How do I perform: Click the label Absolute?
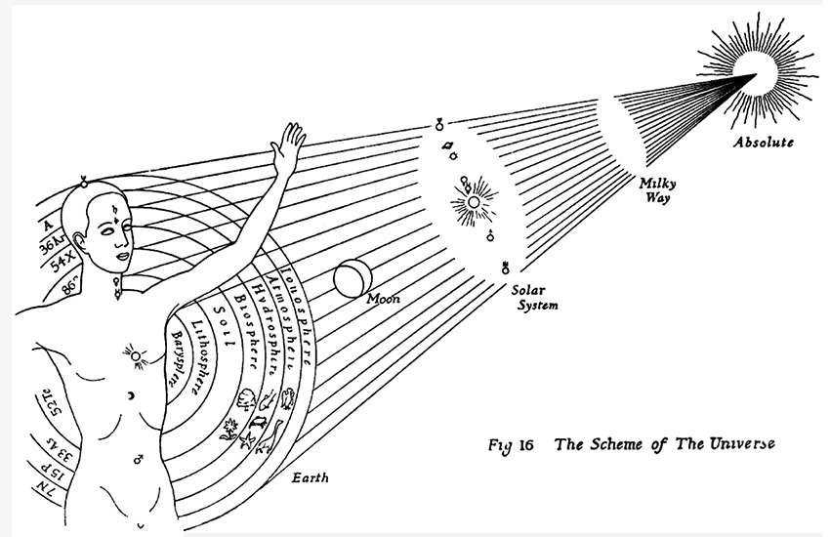click(x=765, y=142)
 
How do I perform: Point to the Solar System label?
click(x=537, y=298)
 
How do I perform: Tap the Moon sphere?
click(x=350, y=278)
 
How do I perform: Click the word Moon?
click(x=383, y=299)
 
